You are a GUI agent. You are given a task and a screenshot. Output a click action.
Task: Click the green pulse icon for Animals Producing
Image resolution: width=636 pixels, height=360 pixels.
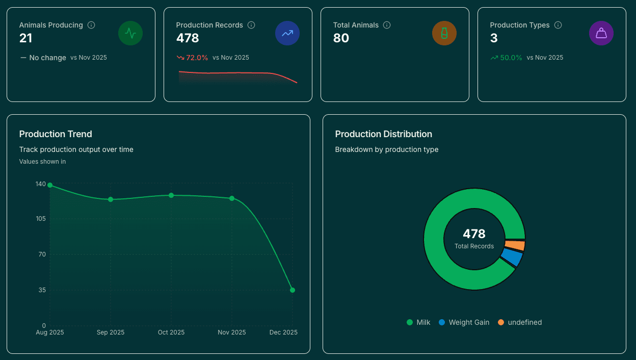point(130,34)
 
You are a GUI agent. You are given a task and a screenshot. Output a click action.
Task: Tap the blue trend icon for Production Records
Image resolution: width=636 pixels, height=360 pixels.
point(287,34)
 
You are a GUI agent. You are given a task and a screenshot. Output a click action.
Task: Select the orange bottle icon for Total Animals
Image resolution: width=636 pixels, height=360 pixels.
point(444,34)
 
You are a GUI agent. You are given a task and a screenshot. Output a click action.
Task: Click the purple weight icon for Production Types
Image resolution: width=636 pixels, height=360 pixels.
point(601,34)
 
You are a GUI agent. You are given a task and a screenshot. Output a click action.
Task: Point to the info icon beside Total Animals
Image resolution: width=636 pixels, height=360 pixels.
point(387,25)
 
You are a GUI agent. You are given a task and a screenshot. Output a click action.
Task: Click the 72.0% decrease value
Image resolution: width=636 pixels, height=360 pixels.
point(197,58)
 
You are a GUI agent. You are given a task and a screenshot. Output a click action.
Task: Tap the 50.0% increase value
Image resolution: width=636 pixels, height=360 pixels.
point(511,58)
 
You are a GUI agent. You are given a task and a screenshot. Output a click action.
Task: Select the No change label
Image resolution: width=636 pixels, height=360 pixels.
point(47,58)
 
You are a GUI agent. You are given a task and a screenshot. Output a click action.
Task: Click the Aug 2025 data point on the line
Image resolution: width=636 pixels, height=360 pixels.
point(50,185)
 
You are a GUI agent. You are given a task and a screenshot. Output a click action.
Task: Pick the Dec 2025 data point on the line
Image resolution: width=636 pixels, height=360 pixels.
point(293,290)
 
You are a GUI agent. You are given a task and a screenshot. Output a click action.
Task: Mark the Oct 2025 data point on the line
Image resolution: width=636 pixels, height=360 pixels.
point(171,195)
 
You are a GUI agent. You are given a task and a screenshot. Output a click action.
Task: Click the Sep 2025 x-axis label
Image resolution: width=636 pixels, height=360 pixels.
point(111,332)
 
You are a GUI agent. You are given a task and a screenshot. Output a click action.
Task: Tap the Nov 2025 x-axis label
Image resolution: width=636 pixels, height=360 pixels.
point(232,332)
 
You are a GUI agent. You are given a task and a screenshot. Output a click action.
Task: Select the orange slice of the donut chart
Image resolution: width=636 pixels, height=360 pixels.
point(515,246)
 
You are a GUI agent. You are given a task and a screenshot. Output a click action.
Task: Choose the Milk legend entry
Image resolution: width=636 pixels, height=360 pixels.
point(418,322)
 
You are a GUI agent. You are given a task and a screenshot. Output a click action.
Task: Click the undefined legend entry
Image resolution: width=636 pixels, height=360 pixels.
point(520,322)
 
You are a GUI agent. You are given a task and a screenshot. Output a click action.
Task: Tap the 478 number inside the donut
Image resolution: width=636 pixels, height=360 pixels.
point(474,234)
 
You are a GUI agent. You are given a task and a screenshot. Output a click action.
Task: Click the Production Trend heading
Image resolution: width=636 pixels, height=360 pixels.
point(56,134)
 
